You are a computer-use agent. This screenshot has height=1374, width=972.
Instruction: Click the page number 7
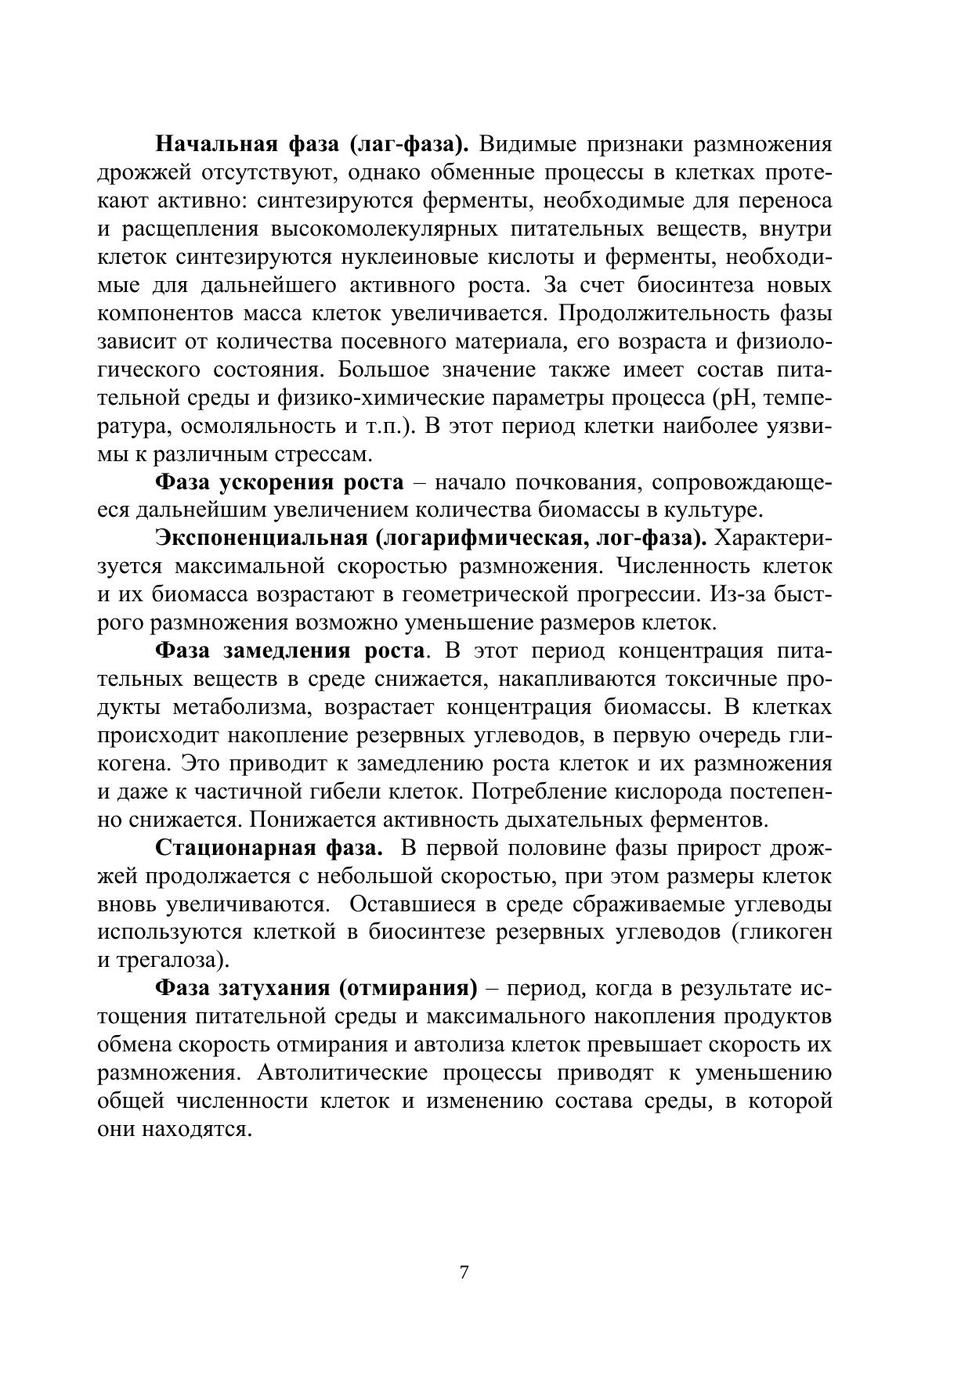[x=464, y=1272]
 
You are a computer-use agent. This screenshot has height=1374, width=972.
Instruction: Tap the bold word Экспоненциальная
[x=262, y=539]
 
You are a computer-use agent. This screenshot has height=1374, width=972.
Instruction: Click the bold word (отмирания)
[x=408, y=988]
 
